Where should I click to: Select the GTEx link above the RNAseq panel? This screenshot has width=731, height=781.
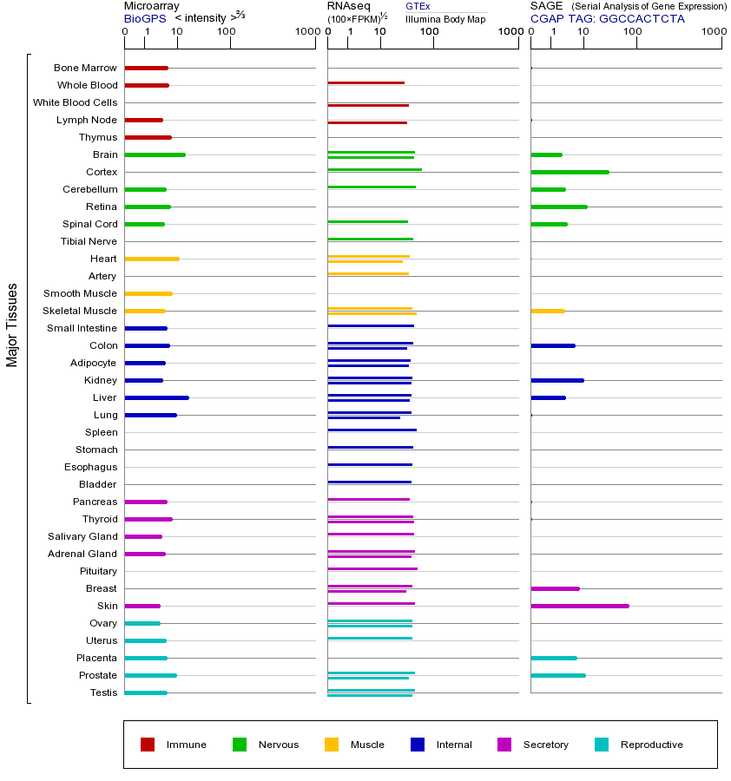(x=418, y=6)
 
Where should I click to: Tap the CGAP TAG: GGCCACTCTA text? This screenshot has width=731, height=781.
(x=607, y=18)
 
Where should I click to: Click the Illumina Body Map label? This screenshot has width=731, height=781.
(x=445, y=19)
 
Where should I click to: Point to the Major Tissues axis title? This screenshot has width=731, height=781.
(x=12, y=324)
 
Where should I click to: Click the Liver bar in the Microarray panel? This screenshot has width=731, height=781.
(x=156, y=397)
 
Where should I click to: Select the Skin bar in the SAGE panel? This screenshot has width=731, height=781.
(x=579, y=606)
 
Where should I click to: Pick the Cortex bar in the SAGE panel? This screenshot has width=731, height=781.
(x=570, y=172)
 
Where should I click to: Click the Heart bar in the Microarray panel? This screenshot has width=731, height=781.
(x=152, y=259)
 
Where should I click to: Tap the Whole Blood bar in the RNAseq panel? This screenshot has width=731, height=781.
(x=365, y=83)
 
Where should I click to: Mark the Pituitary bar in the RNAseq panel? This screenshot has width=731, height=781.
(x=372, y=568)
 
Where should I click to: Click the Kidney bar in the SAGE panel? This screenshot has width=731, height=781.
(x=556, y=380)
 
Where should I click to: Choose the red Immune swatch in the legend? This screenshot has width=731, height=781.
(x=148, y=745)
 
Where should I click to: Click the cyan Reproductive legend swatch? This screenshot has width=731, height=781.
(x=602, y=745)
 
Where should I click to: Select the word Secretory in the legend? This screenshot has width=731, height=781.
(x=545, y=745)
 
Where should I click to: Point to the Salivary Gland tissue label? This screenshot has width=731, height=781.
(x=83, y=536)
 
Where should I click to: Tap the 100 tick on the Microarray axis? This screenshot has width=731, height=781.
(x=226, y=32)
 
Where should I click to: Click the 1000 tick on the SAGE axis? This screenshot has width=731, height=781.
(x=713, y=32)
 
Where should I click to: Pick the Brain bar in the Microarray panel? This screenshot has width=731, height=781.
(x=155, y=154)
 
